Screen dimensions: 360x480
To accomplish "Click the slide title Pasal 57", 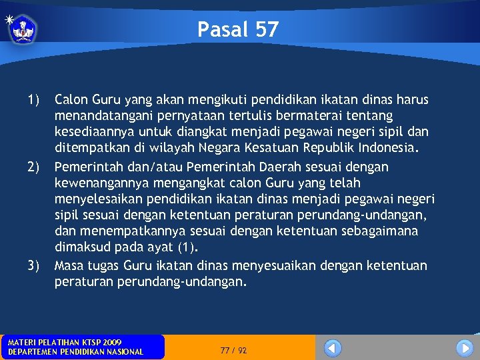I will click(238, 29).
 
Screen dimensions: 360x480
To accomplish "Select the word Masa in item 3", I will click(69, 265).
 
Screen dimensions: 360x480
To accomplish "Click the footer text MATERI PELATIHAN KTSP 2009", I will click(65, 342).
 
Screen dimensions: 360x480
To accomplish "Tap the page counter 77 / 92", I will click(233, 350).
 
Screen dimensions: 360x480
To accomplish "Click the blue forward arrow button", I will click(464, 348).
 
